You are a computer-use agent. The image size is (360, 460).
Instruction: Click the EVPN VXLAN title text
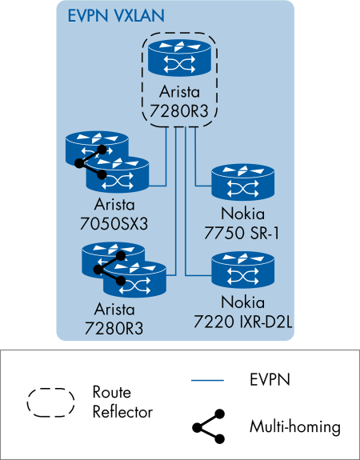point(108,15)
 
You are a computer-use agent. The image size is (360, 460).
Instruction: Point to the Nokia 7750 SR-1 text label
point(243,222)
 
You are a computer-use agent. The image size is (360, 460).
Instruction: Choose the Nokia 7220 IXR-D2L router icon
point(242,271)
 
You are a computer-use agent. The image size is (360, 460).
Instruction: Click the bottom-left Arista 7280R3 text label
point(120,317)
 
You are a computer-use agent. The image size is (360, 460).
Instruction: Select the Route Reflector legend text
point(122,402)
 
